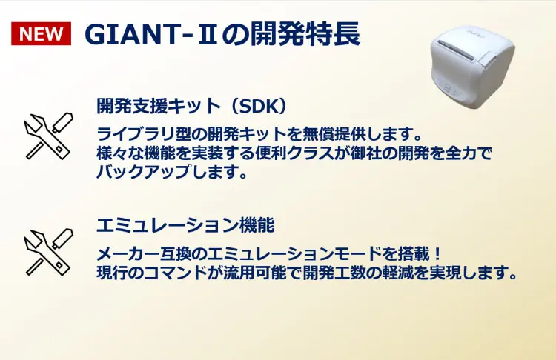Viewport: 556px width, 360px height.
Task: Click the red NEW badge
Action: [x=41, y=34]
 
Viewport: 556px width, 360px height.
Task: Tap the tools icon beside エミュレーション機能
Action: [x=48, y=252]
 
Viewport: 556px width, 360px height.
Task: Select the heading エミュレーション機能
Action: [x=185, y=224]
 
